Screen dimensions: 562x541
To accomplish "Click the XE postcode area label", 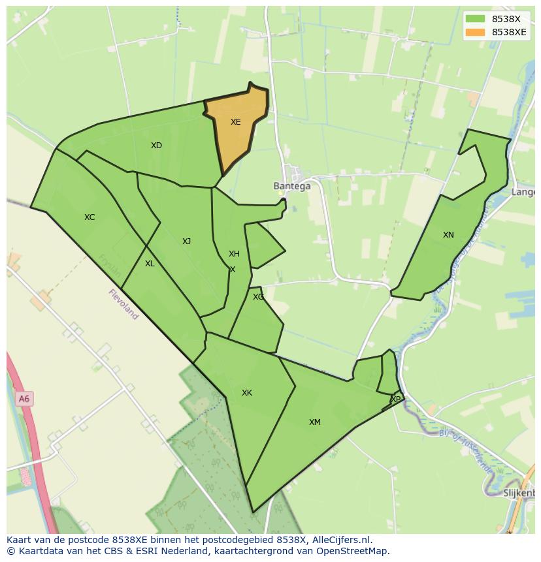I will [x=236, y=122].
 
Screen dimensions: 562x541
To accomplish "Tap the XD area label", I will [x=156, y=146].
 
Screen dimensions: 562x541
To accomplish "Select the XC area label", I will [x=90, y=217].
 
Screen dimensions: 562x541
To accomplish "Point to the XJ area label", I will [x=186, y=242].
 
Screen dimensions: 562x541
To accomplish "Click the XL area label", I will [x=150, y=264].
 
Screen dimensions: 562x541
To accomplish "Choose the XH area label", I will [x=234, y=254].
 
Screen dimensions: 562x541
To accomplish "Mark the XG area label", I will [x=259, y=297].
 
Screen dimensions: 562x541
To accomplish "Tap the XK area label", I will [x=246, y=393].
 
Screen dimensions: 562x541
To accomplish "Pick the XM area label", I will [x=315, y=422].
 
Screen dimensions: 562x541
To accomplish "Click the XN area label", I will [x=448, y=235].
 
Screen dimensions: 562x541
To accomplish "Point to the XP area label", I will [x=396, y=399].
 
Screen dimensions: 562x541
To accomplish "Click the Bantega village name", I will [x=291, y=186].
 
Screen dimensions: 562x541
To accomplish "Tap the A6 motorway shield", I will [x=24, y=399].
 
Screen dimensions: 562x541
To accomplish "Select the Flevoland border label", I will [x=123, y=304].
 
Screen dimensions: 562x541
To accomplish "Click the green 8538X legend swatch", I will [x=476, y=19].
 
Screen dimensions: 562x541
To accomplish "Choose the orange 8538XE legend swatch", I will [x=476, y=32].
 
